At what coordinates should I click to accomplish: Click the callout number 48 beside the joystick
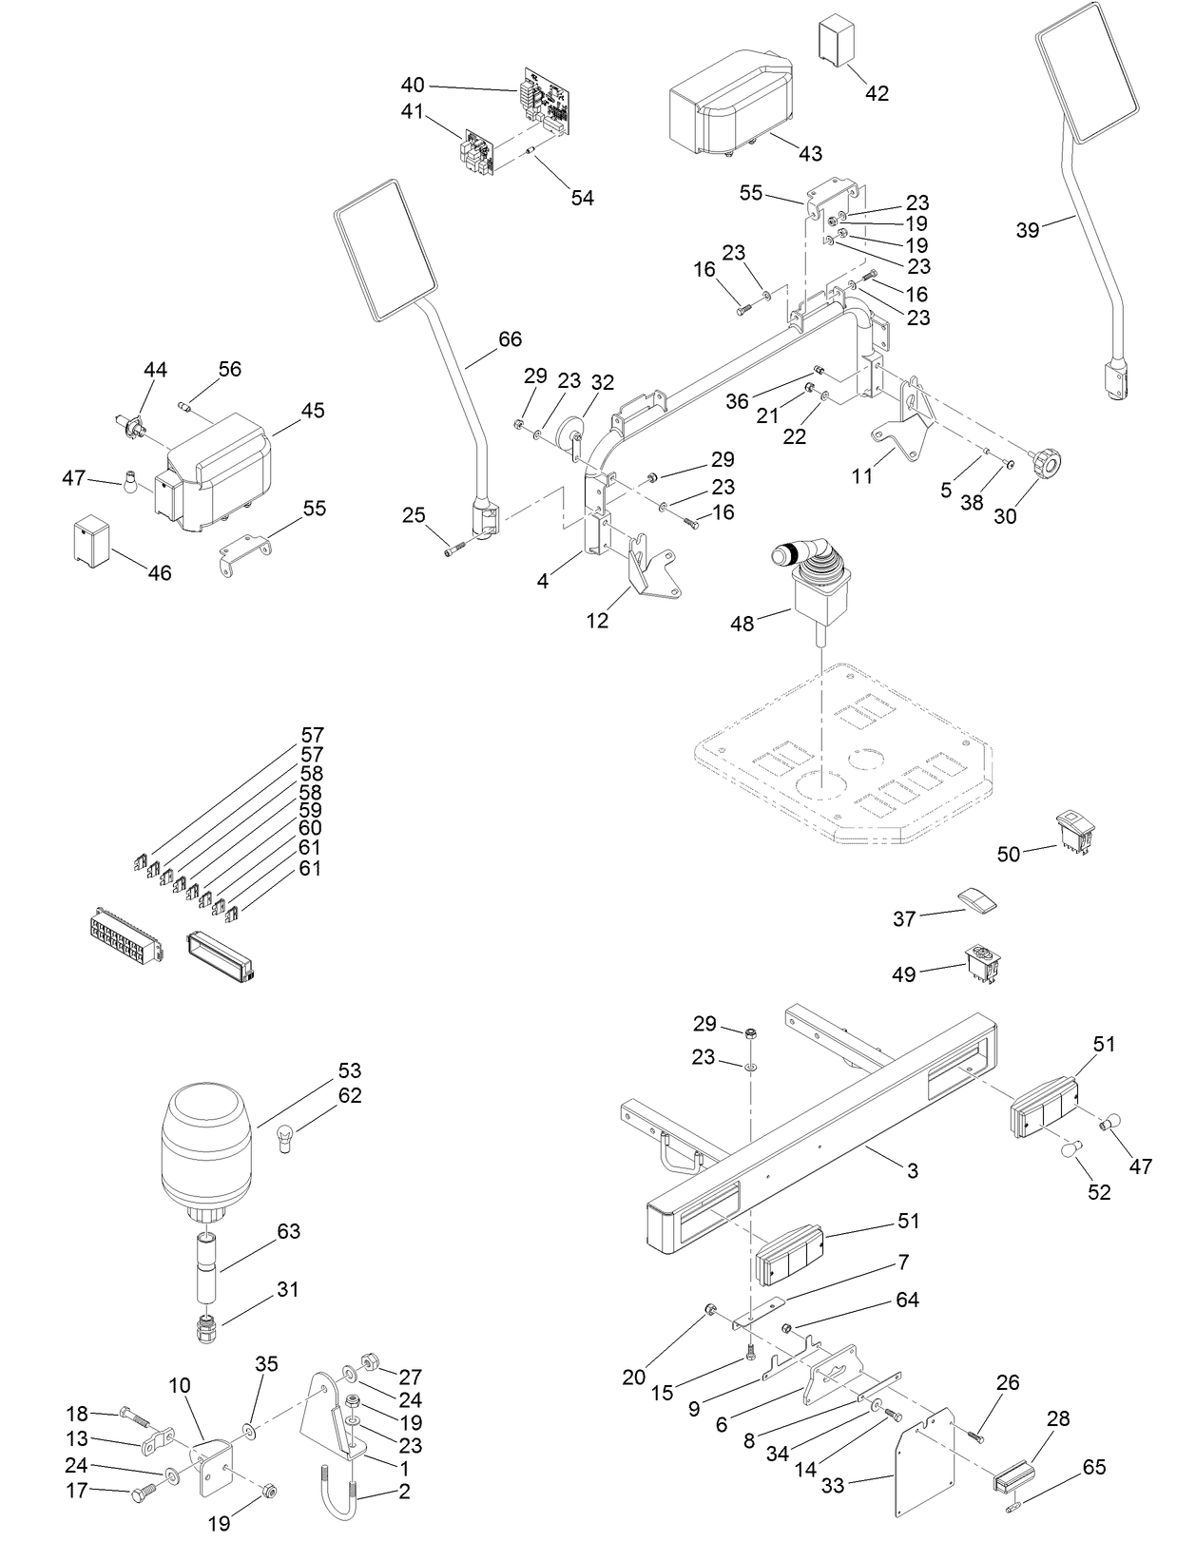[x=742, y=624]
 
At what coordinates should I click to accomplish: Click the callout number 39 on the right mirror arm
[x=1027, y=229]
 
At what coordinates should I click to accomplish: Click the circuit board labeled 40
[x=545, y=99]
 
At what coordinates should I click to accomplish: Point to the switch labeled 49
[x=983, y=962]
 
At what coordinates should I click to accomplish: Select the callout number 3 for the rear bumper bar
[x=912, y=1170]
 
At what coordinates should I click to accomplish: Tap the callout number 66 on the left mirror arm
[x=510, y=339]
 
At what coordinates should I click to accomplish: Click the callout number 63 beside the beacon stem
[x=288, y=1231]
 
